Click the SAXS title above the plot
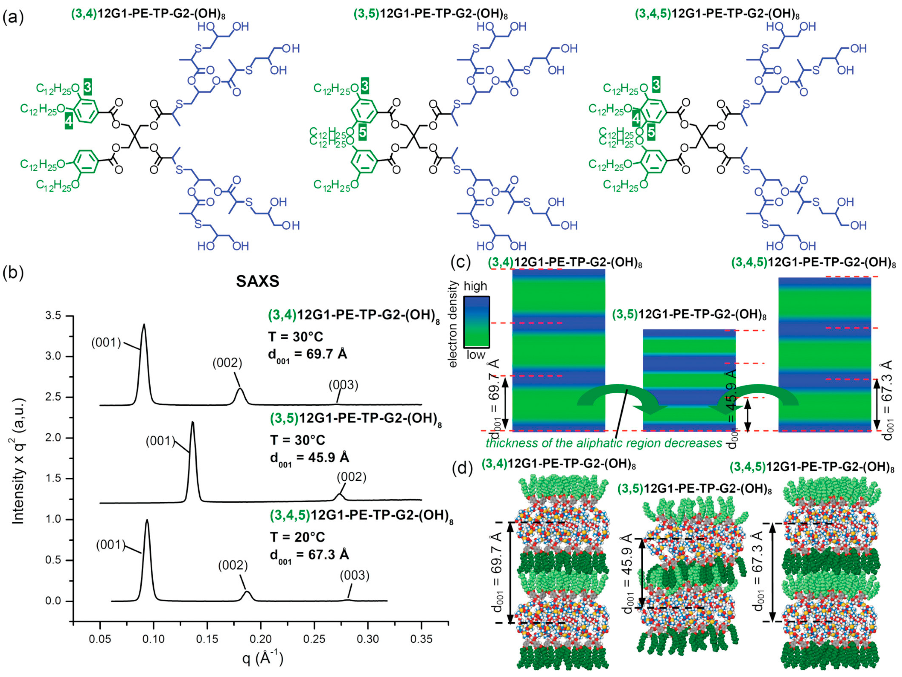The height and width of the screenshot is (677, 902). coord(258,282)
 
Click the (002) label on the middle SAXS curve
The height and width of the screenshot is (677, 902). coord(351,477)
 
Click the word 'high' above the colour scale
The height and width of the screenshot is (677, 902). coord(475,286)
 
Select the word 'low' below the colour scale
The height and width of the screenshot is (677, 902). coord(475,355)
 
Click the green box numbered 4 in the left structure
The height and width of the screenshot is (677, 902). coord(68,121)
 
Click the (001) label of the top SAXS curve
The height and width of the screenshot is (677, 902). coord(106,343)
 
